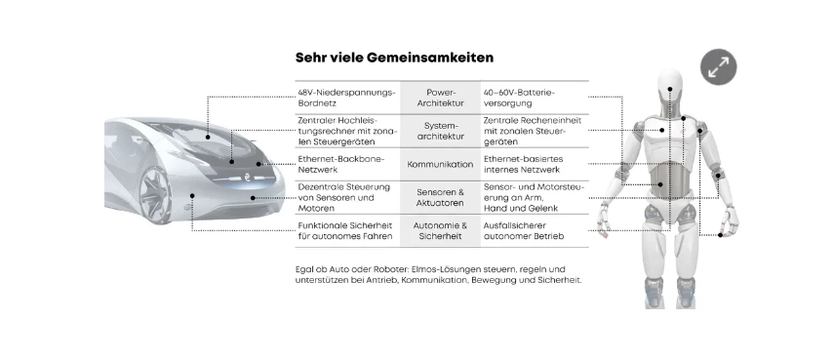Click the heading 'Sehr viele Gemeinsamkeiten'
pyautogui.click(x=394, y=58)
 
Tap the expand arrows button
pyautogui.click(x=718, y=67)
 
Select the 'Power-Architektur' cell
pyautogui.click(x=440, y=98)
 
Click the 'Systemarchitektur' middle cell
pyautogui.click(x=440, y=131)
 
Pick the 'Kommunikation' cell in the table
pyautogui.click(x=440, y=164)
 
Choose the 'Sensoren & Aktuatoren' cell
pyautogui.click(x=440, y=197)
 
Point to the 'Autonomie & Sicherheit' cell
pyautogui.click(x=440, y=230)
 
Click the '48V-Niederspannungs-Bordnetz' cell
pyautogui.click(x=346, y=98)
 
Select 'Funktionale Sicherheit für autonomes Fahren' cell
pyautogui.click(x=345, y=230)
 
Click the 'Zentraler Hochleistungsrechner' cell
pyautogui.click(x=346, y=131)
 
